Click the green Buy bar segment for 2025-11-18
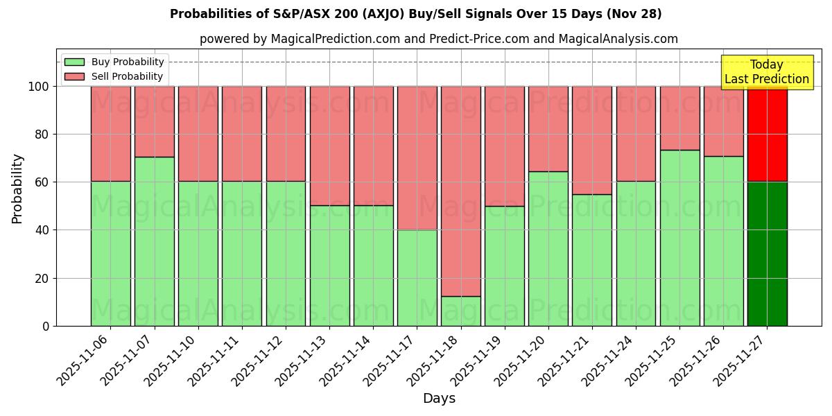click(460, 311)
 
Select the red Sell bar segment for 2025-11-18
click(460, 191)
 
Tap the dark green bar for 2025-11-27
click(767, 254)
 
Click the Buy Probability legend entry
click(114, 62)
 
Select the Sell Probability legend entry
click(114, 76)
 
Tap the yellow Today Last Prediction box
click(767, 72)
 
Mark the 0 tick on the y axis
click(45, 326)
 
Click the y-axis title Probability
click(17, 189)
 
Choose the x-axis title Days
click(439, 399)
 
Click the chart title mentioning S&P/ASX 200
click(415, 14)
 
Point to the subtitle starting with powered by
click(438, 39)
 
